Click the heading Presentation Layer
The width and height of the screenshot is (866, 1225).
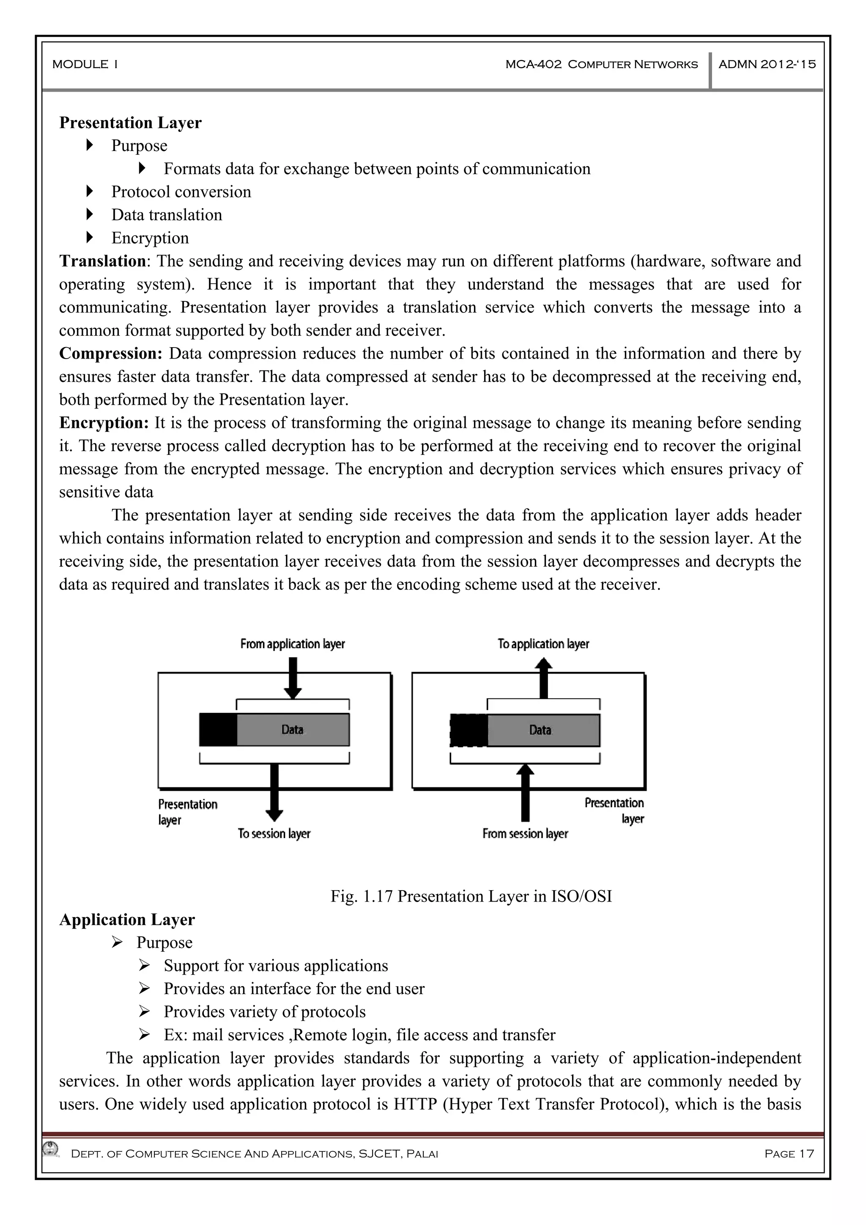[130, 123]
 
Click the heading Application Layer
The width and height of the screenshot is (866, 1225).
[127, 919]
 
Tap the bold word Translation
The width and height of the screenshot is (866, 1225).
[102, 261]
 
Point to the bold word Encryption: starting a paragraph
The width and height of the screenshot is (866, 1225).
[104, 422]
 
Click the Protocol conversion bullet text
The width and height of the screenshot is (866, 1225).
[181, 192]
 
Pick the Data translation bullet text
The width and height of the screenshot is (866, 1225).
[167, 214]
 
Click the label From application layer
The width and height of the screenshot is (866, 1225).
[292, 644]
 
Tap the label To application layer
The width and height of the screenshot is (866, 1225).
[543, 644]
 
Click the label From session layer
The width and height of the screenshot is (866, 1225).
[525, 833]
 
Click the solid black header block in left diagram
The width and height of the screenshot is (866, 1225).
[218, 730]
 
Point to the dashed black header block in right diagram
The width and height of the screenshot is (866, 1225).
[469, 730]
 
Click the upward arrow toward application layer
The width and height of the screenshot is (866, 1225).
[543, 677]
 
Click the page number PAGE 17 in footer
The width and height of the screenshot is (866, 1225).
[789, 1154]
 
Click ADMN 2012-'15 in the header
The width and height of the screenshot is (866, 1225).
[767, 65]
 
